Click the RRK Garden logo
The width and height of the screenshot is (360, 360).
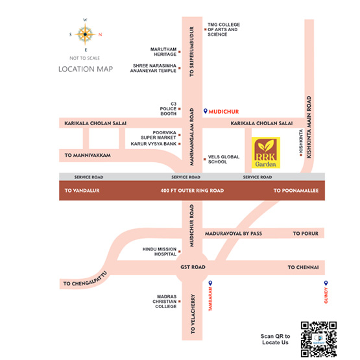(266, 152)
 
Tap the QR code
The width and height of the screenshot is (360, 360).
(318, 339)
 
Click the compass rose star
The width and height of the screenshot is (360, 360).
(85, 34)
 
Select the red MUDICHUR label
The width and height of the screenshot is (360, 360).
(224, 112)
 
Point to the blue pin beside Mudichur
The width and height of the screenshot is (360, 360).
(206, 111)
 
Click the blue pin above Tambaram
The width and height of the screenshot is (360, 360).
(210, 283)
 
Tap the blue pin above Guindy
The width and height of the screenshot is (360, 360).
(326, 283)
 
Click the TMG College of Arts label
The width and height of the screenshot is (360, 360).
(224, 30)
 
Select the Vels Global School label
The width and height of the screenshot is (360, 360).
(224, 160)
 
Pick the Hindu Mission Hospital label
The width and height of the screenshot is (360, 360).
(160, 252)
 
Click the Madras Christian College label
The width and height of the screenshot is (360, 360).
(165, 302)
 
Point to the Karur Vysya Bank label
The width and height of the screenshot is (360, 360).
(153, 144)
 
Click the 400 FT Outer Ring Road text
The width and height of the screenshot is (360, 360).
(192, 191)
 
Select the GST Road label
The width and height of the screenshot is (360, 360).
(193, 267)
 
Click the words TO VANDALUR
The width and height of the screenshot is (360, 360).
(82, 191)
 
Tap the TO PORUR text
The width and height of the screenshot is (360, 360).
(306, 234)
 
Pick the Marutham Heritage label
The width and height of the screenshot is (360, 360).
(163, 52)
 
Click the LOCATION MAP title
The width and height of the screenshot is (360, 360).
(86, 69)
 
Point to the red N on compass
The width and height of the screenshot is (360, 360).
(100, 34)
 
